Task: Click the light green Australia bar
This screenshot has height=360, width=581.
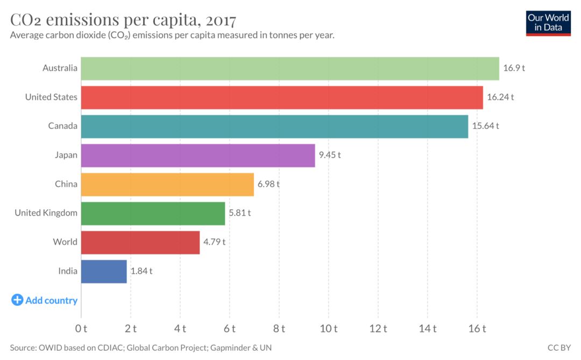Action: coord(290,68)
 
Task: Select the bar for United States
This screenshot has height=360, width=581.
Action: coord(282,97)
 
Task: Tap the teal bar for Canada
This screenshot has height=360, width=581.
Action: coord(274,126)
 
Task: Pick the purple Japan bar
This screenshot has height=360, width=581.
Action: coord(198,155)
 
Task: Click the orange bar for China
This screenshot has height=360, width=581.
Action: coord(167,184)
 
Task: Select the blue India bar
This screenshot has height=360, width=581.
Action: coord(104,271)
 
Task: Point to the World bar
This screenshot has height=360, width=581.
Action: coord(140,242)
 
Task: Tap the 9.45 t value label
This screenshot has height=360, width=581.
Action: coord(330,155)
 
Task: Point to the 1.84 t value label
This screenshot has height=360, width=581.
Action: coord(141,271)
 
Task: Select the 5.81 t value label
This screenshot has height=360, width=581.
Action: coord(240,213)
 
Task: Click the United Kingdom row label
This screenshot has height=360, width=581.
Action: coord(46,213)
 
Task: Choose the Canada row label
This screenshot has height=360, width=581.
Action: coord(62,126)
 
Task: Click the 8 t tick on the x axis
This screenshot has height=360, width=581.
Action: coord(279,328)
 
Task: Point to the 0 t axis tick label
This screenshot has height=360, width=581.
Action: coord(81,328)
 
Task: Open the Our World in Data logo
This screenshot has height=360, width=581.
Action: coord(548,23)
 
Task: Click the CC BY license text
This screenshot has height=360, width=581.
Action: coord(559,348)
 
